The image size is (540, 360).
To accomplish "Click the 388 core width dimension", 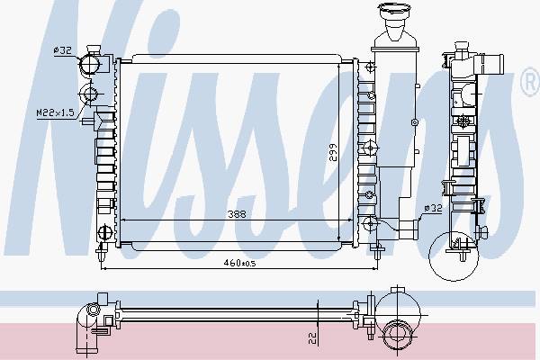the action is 237,214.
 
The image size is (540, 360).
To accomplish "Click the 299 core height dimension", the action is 333,152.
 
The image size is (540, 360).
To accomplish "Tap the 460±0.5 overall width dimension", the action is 239,263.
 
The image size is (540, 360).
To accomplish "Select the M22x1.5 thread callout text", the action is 56,112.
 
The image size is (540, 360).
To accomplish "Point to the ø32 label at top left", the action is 62,50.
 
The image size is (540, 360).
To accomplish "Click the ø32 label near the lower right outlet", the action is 433,208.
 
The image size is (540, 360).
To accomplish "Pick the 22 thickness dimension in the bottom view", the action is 312,338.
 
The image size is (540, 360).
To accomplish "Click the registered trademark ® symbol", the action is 530,82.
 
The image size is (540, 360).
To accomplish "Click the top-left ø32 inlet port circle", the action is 90,64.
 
